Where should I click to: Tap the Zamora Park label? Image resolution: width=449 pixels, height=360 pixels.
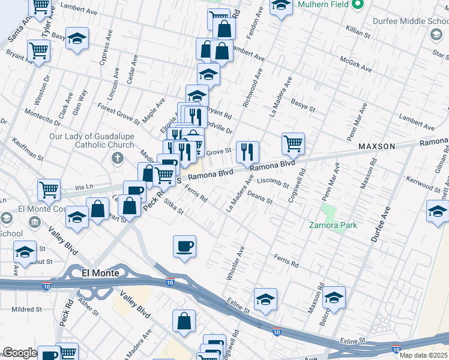(x=333, y=225)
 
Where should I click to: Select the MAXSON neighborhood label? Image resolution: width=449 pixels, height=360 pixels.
(x=376, y=146)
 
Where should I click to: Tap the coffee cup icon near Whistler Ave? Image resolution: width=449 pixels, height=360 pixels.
(x=184, y=246)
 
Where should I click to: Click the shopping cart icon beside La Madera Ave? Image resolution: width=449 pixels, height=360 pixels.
(x=293, y=143)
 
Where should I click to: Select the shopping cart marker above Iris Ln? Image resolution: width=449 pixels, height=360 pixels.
(x=49, y=190)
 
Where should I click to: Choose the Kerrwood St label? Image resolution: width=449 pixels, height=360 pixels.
(x=424, y=184)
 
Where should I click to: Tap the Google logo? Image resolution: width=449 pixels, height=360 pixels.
(x=19, y=353)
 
